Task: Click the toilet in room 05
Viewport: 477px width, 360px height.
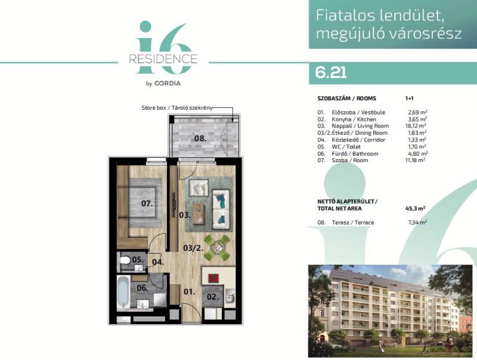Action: coord(125,260)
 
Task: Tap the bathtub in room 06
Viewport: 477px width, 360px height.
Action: coord(123,292)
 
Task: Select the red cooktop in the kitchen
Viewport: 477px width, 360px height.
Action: coord(213,278)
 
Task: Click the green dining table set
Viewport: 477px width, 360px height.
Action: coord(216,247)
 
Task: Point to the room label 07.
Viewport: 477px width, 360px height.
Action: coord(147,203)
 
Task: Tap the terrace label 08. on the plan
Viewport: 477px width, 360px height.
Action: coord(200,138)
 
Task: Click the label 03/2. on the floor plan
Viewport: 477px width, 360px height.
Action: coord(193,248)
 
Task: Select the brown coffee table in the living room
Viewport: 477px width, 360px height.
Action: coord(199,213)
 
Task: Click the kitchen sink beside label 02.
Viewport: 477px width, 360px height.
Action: coord(230,296)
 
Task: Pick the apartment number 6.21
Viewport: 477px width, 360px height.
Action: coord(331,73)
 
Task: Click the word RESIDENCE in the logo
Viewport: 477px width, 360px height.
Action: coord(163,58)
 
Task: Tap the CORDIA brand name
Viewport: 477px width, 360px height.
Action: coord(168,83)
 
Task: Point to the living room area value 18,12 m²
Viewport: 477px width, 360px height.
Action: coord(417,126)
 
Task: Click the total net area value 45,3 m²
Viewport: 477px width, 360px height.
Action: coord(415,209)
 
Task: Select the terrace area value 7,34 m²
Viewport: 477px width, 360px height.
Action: coord(417,222)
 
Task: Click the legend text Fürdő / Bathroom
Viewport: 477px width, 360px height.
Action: coord(355,154)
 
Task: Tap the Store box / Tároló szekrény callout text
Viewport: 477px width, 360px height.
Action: coord(177,108)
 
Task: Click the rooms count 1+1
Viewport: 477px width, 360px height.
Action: coord(410,98)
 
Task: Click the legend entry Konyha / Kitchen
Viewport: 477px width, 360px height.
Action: coord(354,119)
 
